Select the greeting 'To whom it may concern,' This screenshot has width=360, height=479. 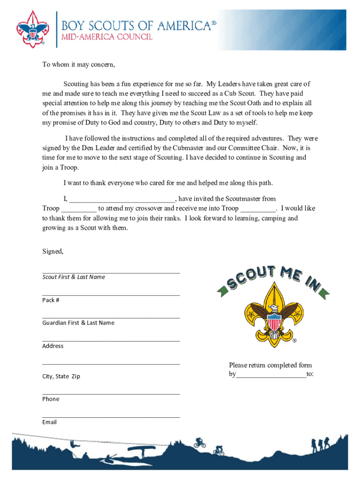pos(79,65)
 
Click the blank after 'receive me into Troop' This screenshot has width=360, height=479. pos(258,209)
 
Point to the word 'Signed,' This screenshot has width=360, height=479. pos(53,252)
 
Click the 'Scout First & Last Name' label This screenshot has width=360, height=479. pos(74,277)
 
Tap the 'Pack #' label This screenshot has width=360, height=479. pos(50,300)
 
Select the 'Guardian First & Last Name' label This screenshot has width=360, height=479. pos(78,323)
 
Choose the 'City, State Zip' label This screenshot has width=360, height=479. pos(61,376)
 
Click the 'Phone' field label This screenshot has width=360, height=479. pos(50,399)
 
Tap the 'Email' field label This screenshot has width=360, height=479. pos(49,422)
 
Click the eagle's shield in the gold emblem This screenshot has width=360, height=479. pos(274,322)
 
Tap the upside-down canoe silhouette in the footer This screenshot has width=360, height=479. pos(141,450)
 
